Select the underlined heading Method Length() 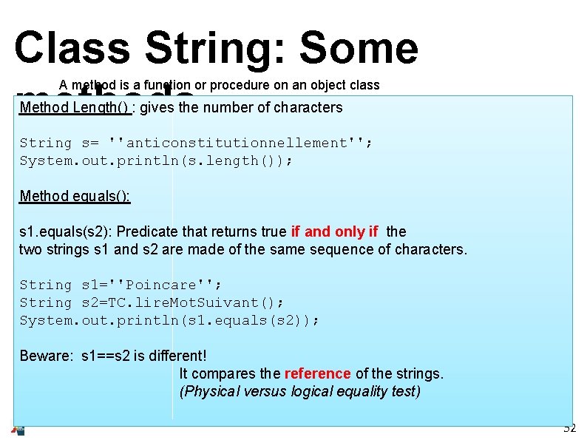coord(75,108)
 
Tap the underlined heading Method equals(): coord(75,196)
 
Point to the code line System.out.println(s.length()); coord(156,160)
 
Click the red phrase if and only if coord(335,231)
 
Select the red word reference coord(317,373)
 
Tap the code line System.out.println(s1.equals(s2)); coord(169,320)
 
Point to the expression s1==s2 coord(112,356)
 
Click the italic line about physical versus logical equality coord(299,391)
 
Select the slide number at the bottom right coord(569,428)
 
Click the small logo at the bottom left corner coord(18,430)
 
